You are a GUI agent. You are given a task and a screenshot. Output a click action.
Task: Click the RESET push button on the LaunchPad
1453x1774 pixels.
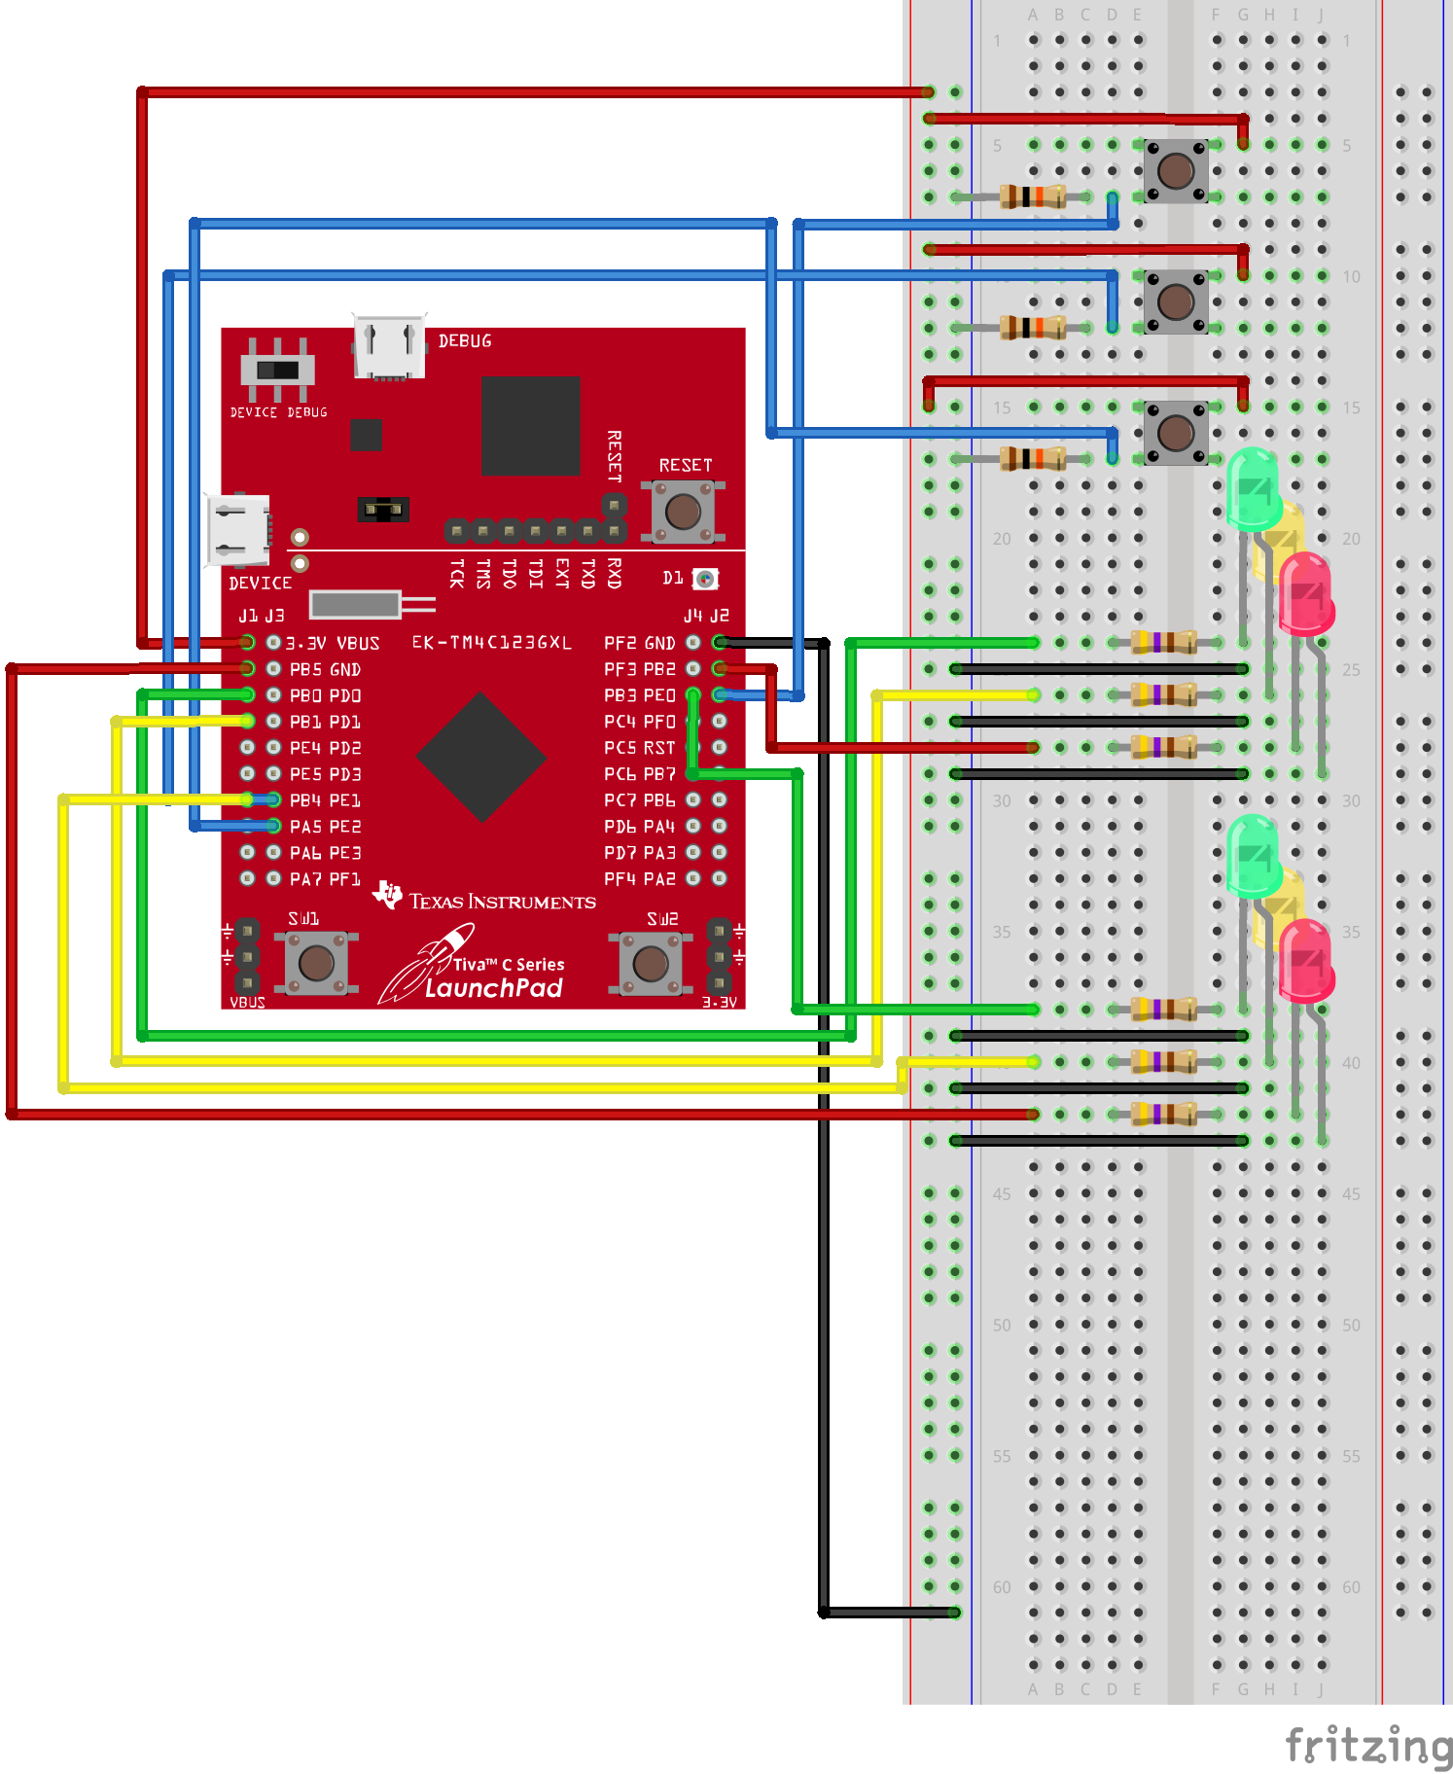[683, 511]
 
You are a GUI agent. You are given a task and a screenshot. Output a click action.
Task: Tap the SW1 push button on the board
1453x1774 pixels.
[316, 963]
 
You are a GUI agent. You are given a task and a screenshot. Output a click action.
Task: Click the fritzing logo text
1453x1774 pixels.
[1367, 1745]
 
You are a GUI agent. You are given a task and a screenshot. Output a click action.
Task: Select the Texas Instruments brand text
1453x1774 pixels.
[502, 902]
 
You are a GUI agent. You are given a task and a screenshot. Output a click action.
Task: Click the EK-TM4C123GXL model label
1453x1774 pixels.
[491, 643]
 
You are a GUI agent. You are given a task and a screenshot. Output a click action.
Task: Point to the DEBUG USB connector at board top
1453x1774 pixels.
[389, 346]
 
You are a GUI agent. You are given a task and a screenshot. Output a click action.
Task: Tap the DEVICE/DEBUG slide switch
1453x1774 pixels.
[278, 370]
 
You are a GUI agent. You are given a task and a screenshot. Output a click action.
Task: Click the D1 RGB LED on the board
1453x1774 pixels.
[705, 580]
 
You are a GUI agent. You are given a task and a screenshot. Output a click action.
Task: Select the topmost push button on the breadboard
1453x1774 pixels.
[1176, 171]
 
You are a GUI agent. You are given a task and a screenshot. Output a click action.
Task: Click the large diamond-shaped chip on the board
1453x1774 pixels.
[480, 757]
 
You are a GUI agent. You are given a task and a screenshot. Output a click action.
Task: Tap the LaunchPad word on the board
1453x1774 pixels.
[494, 988]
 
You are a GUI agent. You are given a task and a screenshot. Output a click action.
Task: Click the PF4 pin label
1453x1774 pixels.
[620, 879]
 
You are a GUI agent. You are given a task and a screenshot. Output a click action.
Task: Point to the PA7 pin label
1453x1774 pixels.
[305, 879]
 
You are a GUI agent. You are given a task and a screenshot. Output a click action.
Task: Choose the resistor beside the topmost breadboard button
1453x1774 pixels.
[1033, 196]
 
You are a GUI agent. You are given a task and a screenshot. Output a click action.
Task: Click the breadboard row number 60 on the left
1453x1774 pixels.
[1002, 1587]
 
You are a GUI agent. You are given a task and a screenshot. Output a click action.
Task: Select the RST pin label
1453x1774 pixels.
[659, 748]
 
